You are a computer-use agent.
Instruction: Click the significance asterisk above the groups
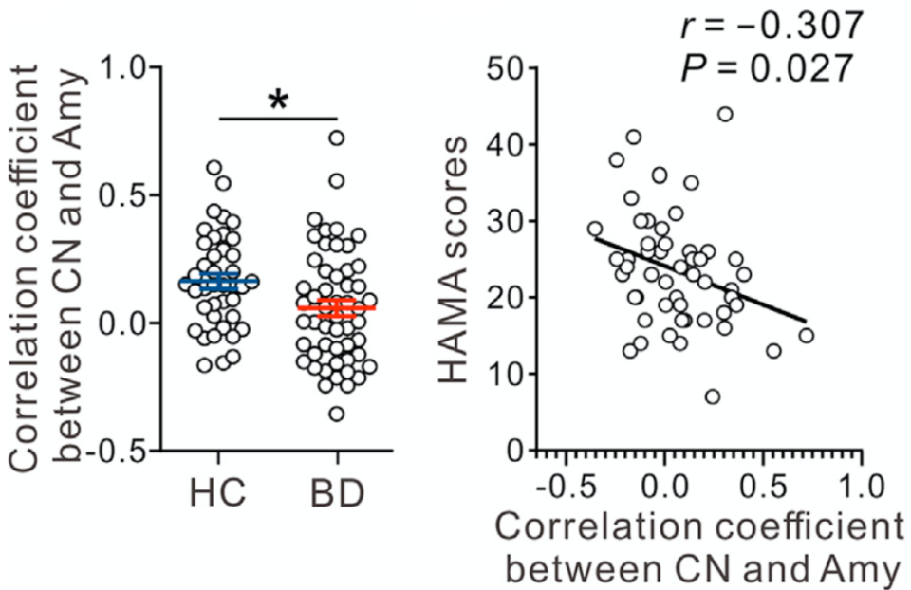[278, 101]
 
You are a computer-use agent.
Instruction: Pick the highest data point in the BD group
[336, 138]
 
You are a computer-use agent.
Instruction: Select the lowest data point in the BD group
[336, 414]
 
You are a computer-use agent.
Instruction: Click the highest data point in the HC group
[214, 168]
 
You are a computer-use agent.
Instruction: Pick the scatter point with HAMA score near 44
[725, 114]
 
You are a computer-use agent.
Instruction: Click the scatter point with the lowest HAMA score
[712, 396]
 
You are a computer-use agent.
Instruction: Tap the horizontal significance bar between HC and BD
[278, 119]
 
